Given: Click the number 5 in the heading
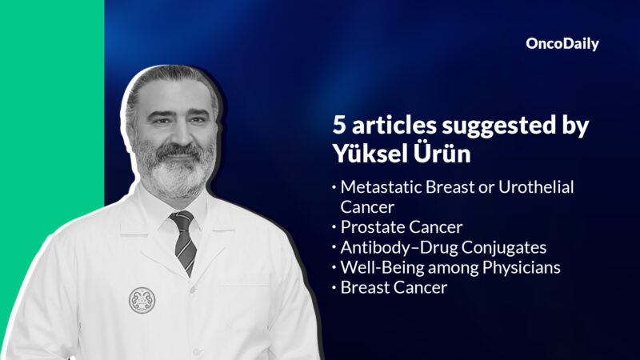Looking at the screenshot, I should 339,127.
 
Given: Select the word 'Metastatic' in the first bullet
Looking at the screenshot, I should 378,186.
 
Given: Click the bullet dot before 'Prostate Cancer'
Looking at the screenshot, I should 334,227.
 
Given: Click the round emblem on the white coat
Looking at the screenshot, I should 142,299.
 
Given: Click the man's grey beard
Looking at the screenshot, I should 172,172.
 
